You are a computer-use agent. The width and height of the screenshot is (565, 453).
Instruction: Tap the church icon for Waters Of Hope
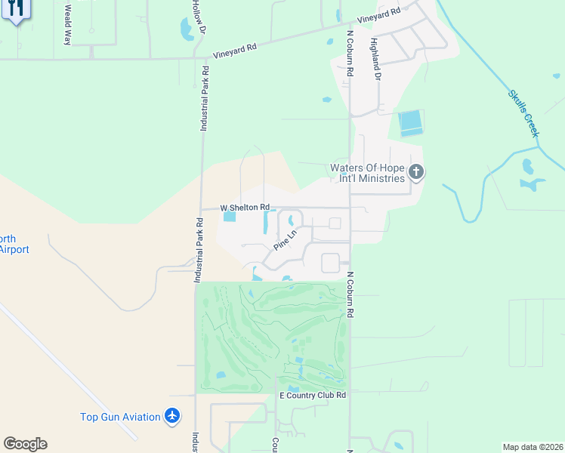pyautogui.click(x=415, y=173)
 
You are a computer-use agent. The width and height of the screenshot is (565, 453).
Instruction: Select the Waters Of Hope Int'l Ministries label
pyautogui.click(x=368, y=173)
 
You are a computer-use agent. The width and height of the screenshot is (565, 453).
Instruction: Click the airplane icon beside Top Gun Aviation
pyautogui.click(x=173, y=416)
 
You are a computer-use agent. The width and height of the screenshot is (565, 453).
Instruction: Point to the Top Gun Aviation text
pyautogui.click(x=121, y=417)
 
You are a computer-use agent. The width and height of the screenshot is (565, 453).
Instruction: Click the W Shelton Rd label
pyautogui.click(x=245, y=207)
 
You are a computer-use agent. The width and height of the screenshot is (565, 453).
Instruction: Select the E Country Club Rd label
pyautogui.click(x=313, y=395)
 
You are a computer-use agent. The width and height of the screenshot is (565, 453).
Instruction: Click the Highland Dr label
pyautogui.click(x=374, y=57)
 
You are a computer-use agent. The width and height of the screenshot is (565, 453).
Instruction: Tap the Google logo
pyautogui.click(x=25, y=444)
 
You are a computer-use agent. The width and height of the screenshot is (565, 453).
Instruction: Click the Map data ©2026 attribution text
pyautogui.click(x=532, y=447)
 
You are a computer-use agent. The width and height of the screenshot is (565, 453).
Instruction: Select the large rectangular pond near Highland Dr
pyautogui.click(x=410, y=122)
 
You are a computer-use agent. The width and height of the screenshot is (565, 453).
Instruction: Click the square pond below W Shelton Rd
pyautogui.click(x=230, y=217)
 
